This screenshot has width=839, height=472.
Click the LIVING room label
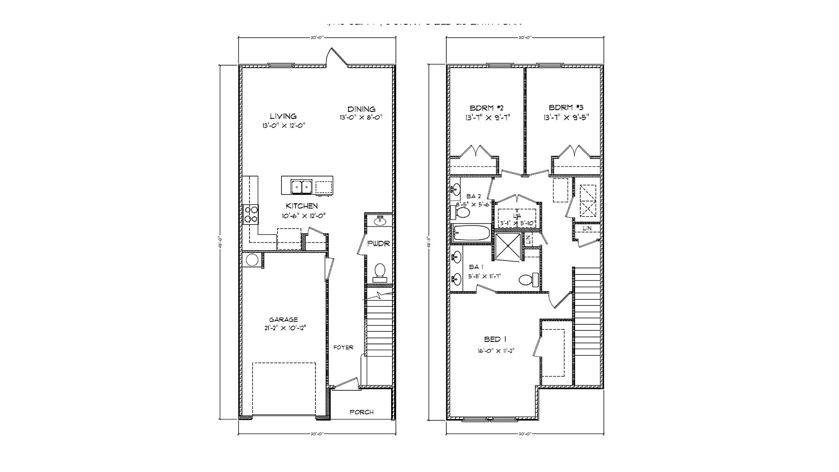point(283,116)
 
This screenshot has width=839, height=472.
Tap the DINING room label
point(361,109)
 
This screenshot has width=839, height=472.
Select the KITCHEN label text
point(302,206)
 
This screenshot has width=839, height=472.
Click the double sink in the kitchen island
point(302,187)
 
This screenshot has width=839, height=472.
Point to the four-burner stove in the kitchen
point(251,215)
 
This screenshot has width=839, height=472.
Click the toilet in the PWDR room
point(379,272)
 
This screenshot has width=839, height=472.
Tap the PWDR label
point(378,243)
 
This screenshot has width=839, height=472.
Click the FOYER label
point(343,347)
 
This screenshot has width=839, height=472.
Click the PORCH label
point(362,412)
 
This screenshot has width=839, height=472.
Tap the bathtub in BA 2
point(472,232)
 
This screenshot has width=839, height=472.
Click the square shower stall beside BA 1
point(508,247)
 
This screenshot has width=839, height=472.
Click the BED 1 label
point(495,339)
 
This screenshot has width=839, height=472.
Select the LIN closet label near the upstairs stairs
point(587,228)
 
